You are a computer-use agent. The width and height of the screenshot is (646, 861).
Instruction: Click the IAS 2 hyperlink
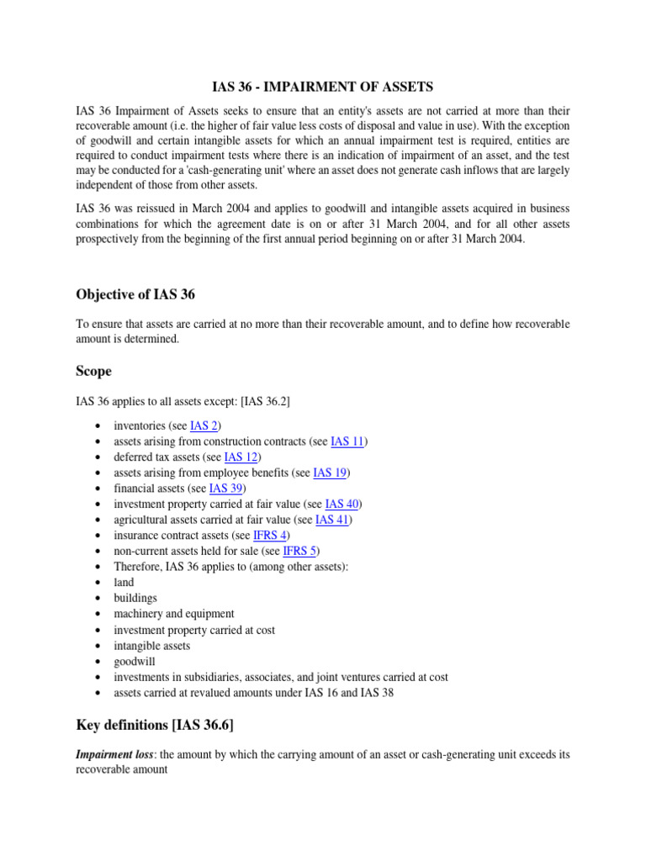(204, 426)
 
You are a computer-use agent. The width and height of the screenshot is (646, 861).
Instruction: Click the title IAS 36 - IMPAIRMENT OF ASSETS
(323, 87)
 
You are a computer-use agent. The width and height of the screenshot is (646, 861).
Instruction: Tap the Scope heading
(93, 371)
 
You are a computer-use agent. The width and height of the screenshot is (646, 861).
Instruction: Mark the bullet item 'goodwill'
(135, 662)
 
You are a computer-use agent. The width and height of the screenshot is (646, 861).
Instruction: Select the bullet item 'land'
(124, 583)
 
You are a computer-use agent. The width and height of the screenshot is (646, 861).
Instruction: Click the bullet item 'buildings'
(135, 598)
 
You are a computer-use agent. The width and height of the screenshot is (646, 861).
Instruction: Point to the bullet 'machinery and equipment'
(174, 614)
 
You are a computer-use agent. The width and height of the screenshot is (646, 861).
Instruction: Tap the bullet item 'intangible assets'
(152, 646)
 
